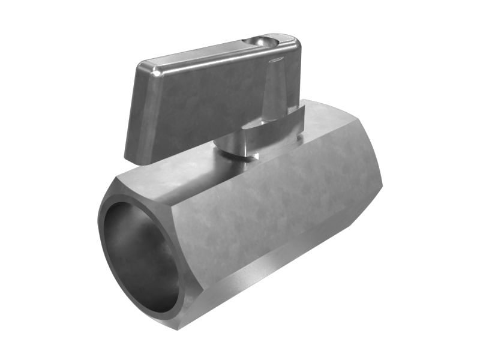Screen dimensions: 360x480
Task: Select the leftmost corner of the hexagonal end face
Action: tap(99, 222)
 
